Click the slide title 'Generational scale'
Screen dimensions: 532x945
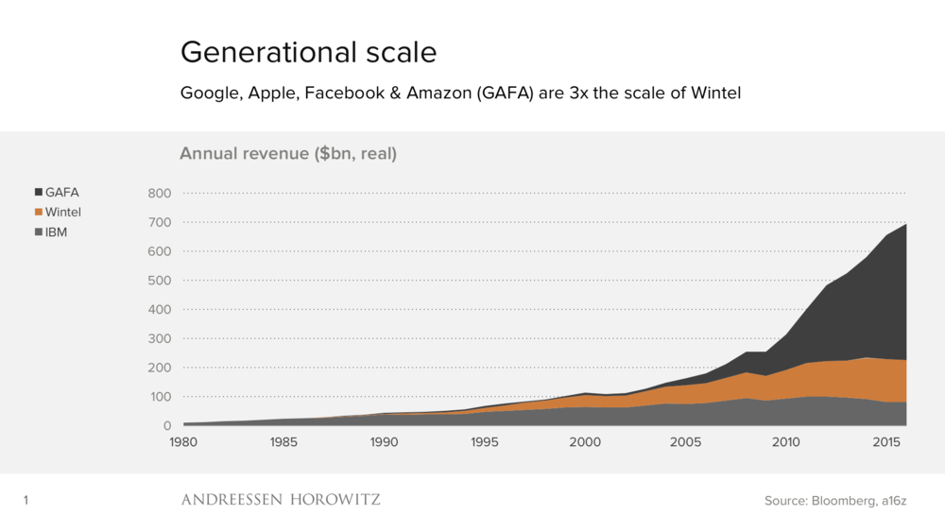(308, 52)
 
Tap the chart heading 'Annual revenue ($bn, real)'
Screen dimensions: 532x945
(288, 153)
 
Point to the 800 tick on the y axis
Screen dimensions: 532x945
(159, 194)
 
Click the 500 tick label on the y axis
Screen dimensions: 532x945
(159, 281)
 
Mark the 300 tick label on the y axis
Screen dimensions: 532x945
(159, 338)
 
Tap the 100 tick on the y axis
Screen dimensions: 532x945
(159, 397)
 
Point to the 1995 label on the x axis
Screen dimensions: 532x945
(485, 442)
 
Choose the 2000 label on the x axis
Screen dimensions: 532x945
(586, 442)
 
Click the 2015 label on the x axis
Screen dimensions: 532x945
(886, 442)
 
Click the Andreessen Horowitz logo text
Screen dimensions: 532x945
(281, 499)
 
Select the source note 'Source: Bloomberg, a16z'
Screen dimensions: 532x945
(835, 501)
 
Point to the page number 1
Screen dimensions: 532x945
(26, 501)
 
